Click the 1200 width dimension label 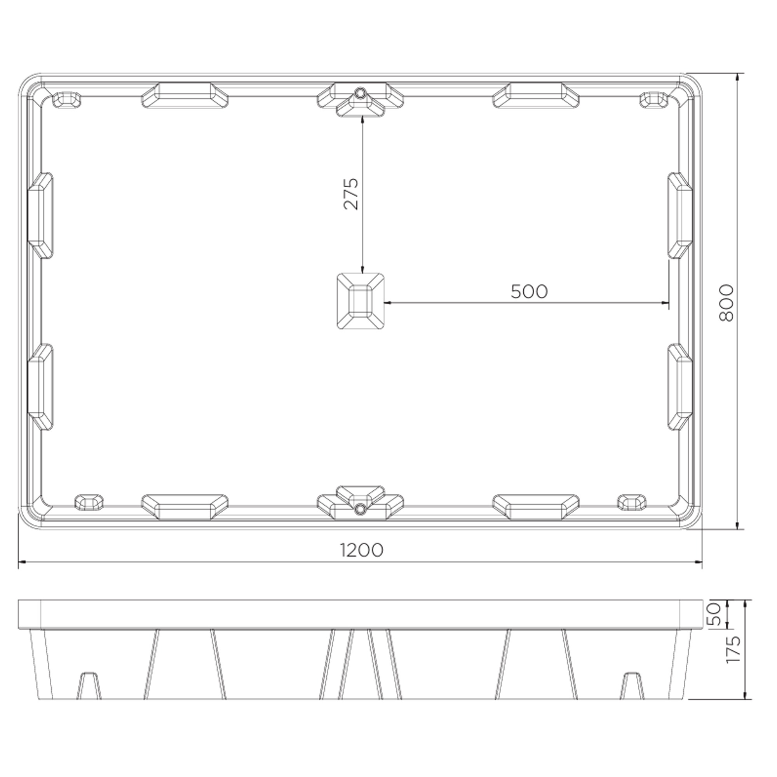tap(362, 550)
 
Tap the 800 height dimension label tap(726, 303)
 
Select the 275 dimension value tap(351, 194)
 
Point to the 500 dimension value tap(529, 292)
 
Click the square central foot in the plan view tap(361, 301)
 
